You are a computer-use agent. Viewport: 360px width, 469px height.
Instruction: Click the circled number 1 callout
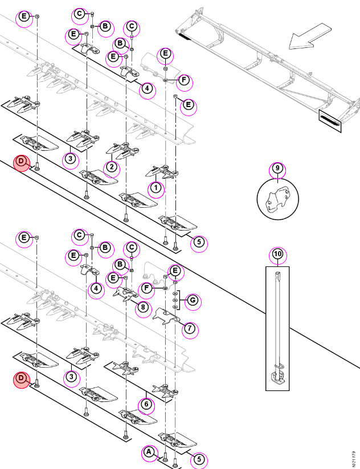click(x=156, y=188)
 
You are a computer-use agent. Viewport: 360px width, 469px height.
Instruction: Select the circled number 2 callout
click(x=112, y=167)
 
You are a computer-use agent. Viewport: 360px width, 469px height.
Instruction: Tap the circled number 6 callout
click(x=146, y=404)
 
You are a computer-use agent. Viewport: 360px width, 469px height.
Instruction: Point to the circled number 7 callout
click(x=190, y=328)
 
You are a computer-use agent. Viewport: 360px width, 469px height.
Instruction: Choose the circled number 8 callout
click(x=144, y=307)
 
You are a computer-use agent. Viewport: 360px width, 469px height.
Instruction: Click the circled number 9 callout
click(x=277, y=168)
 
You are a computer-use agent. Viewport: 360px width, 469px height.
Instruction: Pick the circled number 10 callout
click(x=278, y=254)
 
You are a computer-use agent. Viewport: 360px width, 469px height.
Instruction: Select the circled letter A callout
click(x=149, y=452)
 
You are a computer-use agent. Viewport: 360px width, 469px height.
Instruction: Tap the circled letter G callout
click(x=193, y=300)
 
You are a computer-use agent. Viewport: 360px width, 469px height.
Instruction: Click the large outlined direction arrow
click(x=310, y=36)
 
